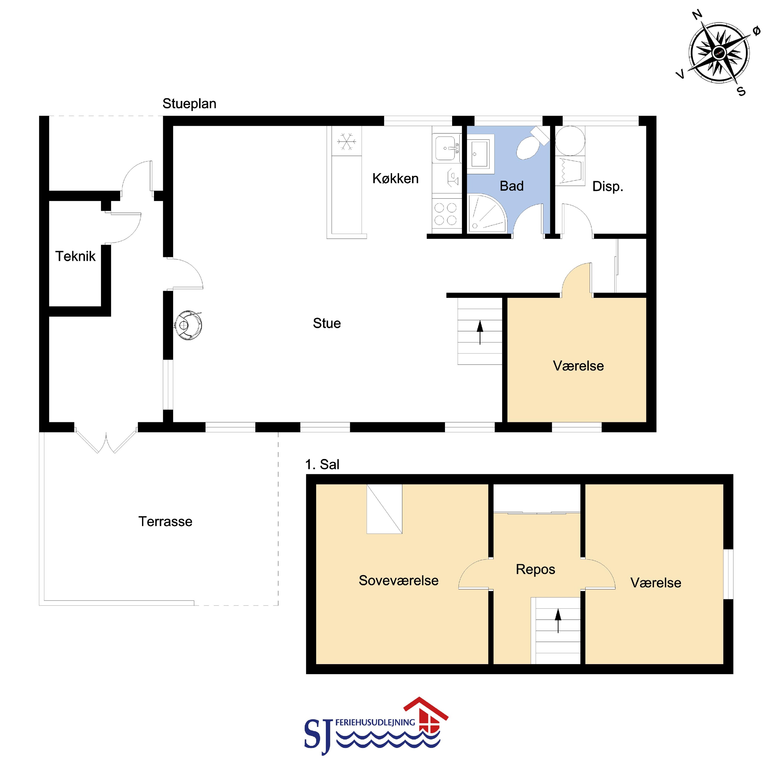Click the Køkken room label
[395, 179]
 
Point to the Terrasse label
[165, 521]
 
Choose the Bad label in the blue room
[511, 186]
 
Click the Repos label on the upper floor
[535, 570]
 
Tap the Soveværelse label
[398, 580]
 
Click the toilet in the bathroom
[531, 144]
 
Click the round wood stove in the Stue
[189, 325]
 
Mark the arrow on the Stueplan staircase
[480, 332]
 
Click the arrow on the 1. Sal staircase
[558, 620]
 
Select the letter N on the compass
[697, 15]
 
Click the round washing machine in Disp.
[570, 141]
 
